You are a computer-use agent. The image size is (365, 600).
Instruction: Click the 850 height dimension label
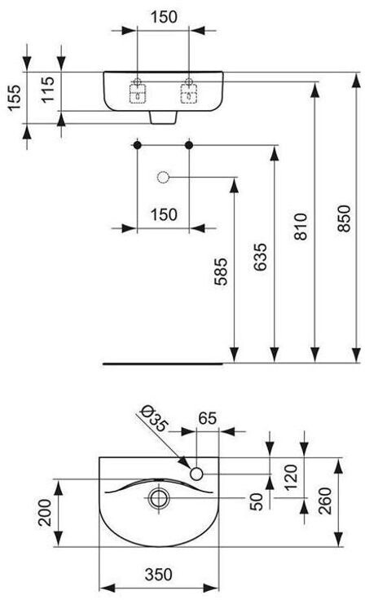click(x=344, y=218)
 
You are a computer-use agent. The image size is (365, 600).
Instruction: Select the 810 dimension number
click(x=301, y=227)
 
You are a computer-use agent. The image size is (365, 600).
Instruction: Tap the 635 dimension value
click(x=260, y=257)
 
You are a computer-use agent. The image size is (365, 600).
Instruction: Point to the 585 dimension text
click(x=220, y=271)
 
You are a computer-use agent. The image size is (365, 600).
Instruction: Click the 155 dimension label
click(x=15, y=97)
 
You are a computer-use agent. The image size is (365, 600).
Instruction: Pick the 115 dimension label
click(x=48, y=90)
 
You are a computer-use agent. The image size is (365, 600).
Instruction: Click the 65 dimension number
click(x=208, y=418)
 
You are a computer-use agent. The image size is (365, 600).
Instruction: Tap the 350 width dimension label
click(x=158, y=574)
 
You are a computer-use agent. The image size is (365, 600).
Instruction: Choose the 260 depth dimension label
click(x=325, y=501)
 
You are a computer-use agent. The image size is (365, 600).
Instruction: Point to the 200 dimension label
click(x=45, y=513)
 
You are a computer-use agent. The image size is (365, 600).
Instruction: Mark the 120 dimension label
click(x=290, y=477)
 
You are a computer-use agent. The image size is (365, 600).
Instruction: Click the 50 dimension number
click(x=256, y=501)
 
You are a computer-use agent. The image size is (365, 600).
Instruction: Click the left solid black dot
click(x=137, y=145)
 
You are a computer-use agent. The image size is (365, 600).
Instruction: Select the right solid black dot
click(x=189, y=145)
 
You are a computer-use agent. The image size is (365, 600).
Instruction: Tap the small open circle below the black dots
click(x=164, y=177)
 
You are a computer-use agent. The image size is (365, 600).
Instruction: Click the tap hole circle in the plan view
click(x=196, y=474)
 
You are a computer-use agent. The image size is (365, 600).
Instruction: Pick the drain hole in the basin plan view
click(x=159, y=498)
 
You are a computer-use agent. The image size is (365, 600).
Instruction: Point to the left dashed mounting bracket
click(x=138, y=94)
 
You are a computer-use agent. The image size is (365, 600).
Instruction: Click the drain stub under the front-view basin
click(x=163, y=117)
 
